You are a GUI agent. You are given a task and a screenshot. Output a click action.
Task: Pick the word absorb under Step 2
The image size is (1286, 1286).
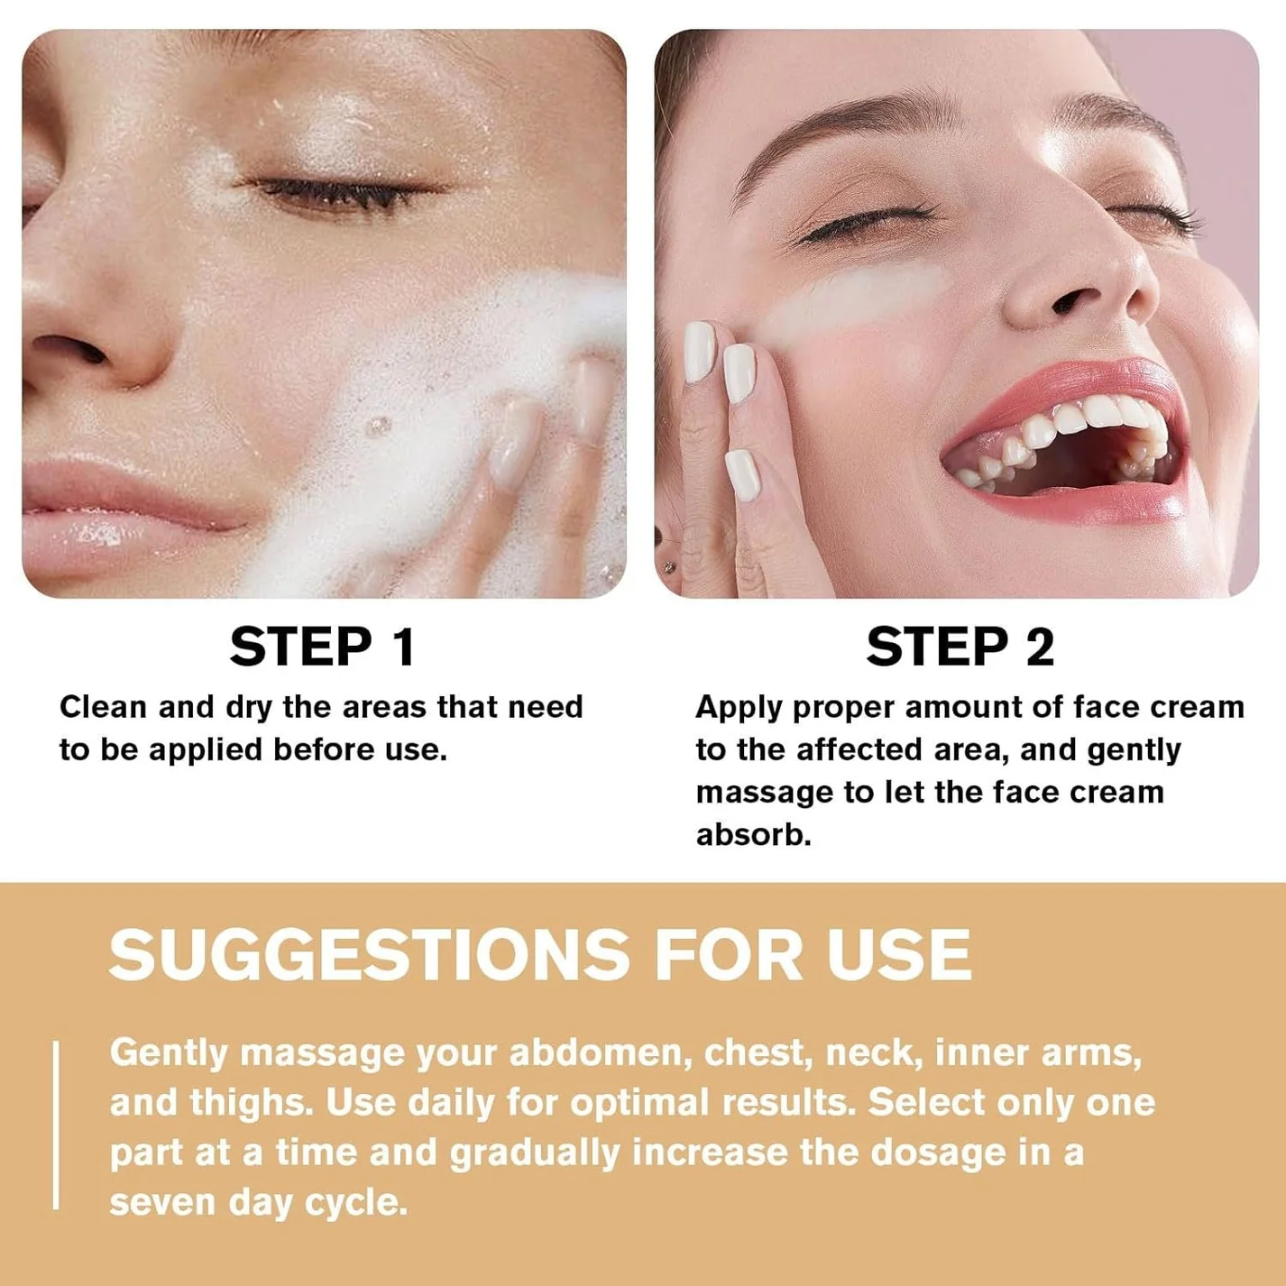tap(753, 834)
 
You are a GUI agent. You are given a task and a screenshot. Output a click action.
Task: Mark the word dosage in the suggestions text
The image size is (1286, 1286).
tap(945, 1153)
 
